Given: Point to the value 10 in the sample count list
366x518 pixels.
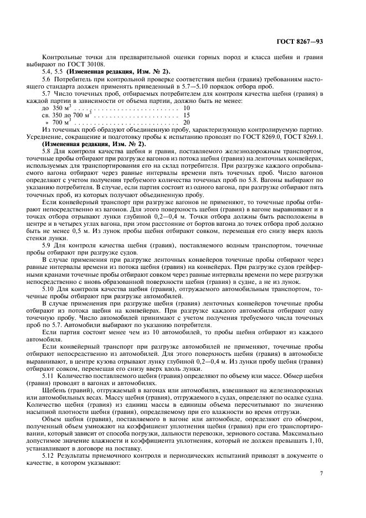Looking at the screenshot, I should [x=187, y=108].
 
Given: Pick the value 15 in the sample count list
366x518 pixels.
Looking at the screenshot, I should [x=187, y=115].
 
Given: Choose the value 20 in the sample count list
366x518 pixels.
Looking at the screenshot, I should [x=187, y=122].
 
